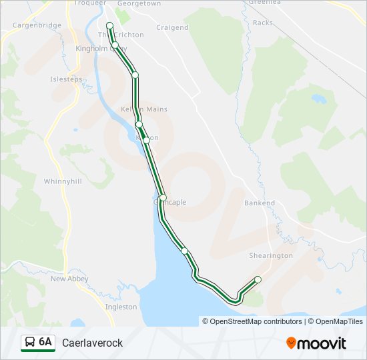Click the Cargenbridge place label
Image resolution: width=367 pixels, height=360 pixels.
[37, 25]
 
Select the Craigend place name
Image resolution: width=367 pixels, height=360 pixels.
[172, 28]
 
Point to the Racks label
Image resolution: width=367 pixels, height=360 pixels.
[263, 23]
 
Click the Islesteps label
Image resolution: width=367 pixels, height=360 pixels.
[66, 79]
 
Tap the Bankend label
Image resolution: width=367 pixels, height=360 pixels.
[260, 203]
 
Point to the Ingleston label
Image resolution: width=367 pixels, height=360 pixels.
[121, 307]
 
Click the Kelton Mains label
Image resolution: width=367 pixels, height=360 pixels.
[144, 109]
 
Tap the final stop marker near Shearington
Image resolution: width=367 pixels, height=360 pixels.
[258, 279]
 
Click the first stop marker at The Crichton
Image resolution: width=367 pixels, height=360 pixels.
[109, 25]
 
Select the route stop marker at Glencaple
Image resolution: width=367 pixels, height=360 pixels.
[163, 198]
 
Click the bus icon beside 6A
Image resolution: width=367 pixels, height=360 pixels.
[29, 343]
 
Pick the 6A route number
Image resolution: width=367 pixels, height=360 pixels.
[45, 343]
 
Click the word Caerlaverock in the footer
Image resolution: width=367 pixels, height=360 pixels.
[93, 343]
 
